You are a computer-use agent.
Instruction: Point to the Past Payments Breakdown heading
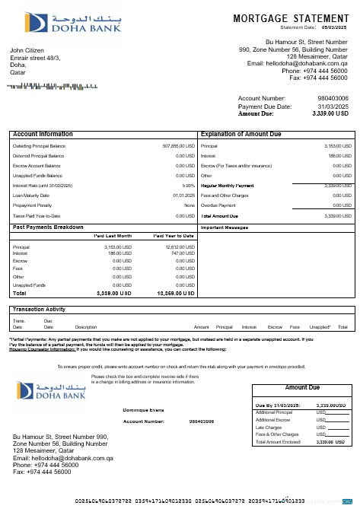pyautogui.click(x=49, y=227)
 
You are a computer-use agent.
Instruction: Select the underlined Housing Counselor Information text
pyautogui.click(x=38, y=348)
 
